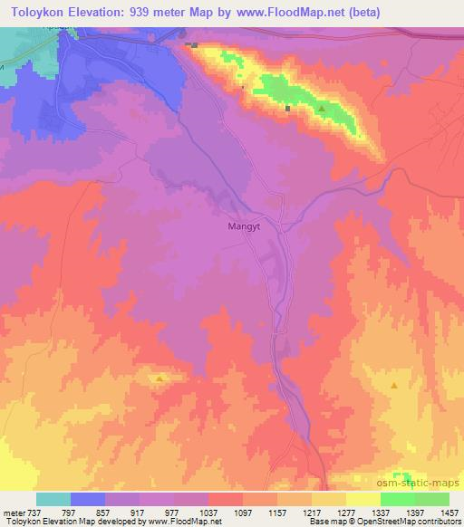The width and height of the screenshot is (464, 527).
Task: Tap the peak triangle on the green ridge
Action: point(322,110)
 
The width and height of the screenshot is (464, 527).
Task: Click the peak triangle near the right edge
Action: point(394,386)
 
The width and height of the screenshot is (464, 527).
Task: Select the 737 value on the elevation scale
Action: point(34,512)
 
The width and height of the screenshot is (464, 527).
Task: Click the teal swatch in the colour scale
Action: point(53,499)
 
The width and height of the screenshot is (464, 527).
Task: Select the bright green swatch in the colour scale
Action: point(397,499)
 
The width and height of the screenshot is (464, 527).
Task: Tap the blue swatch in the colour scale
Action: point(88,499)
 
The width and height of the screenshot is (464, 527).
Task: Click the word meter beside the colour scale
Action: point(13,512)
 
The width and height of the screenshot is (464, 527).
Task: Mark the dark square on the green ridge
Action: point(288,109)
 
